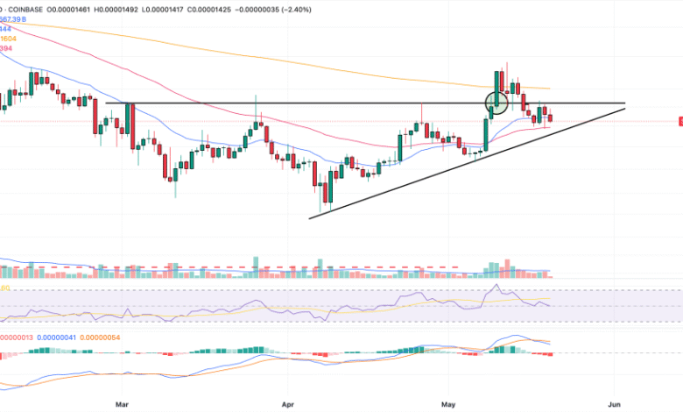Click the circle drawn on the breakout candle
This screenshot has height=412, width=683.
[496, 102]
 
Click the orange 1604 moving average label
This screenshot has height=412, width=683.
[9, 39]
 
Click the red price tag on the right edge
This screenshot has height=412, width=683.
[680, 121]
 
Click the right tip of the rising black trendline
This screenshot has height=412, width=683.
[625, 108]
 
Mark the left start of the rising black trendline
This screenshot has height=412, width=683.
[310, 217]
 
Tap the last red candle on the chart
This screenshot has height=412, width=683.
[550, 117]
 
